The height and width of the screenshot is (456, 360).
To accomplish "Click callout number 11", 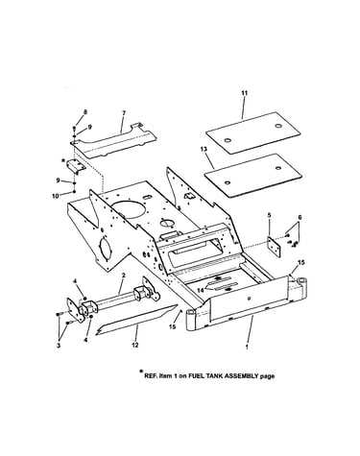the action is pyautogui.click(x=245, y=93).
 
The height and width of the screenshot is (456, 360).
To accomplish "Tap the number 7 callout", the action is pyautogui.click(x=124, y=112).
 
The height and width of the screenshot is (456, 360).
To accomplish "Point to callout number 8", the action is pyautogui.click(x=85, y=112).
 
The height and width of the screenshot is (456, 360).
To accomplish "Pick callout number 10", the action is pyautogui.click(x=56, y=196).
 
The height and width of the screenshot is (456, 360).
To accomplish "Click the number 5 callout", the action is pyautogui.click(x=269, y=215).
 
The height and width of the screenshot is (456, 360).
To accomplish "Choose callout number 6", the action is pyautogui.click(x=300, y=217).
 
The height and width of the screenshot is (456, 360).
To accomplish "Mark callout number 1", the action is pyautogui.click(x=247, y=347).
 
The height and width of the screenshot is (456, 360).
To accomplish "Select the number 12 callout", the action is pyautogui.click(x=135, y=345).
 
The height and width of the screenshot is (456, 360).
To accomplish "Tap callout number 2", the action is pyautogui.click(x=124, y=276).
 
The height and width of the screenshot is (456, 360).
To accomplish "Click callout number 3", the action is pyautogui.click(x=59, y=347).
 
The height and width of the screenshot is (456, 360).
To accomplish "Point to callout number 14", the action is pyautogui.click(x=201, y=290).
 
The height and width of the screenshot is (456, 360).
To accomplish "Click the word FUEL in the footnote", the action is pyautogui.click(x=196, y=376).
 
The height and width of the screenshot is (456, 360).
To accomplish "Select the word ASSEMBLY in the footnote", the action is pyautogui.click(x=241, y=376).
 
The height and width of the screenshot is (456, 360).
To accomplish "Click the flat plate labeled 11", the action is pyautogui.click(x=252, y=132).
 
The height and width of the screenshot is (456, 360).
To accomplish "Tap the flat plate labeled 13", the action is pyautogui.click(x=253, y=176).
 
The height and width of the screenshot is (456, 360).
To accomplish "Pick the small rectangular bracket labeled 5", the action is pyautogui.click(x=274, y=247).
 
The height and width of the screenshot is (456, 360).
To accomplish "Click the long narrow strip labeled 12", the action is pyautogui.click(x=136, y=320).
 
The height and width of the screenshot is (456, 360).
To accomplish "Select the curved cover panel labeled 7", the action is pyautogui.click(x=113, y=141).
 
